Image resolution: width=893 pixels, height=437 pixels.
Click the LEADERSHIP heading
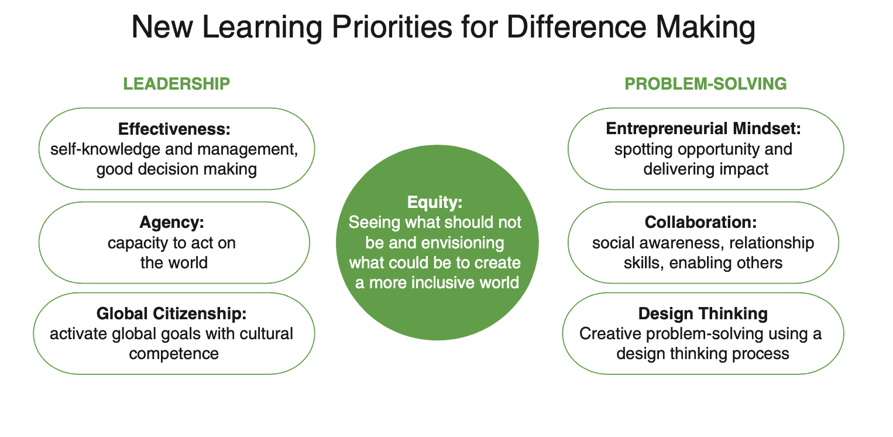177,84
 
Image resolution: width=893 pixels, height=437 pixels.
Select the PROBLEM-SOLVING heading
706,84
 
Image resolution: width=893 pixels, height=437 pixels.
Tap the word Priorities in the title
392,27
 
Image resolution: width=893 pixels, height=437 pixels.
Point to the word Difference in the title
576,27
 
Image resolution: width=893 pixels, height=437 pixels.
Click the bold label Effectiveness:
174,129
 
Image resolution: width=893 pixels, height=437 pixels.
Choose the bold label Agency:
172,222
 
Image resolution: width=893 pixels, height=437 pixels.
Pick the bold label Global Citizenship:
171,313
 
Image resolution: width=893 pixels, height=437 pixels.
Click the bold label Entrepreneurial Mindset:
703,128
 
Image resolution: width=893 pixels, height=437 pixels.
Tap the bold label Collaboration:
700,222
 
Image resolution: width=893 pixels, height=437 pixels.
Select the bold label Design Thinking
703,313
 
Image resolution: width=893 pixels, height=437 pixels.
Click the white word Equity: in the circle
435,203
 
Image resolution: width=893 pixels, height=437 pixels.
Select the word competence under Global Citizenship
174,354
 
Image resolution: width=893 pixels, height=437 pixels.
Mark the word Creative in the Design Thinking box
610,334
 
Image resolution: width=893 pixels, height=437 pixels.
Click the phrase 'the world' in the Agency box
174,263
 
